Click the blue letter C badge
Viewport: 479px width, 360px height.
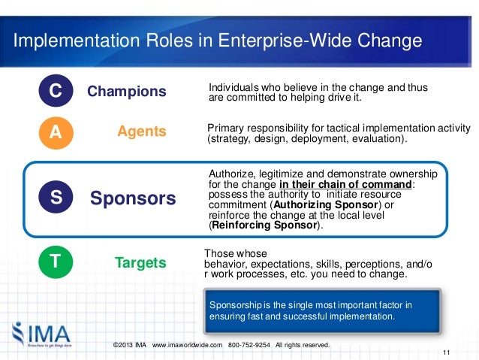(x=56, y=92)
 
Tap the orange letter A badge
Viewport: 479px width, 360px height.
(x=56, y=132)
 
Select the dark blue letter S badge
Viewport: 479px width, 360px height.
(x=56, y=198)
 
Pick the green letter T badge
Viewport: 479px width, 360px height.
(x=56, y=263)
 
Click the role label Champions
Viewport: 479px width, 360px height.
(x=127, y=92)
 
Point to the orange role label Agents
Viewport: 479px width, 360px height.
(x=142, y=132)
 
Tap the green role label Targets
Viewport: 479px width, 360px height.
(x=140, y=263)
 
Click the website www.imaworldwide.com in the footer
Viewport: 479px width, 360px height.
(x=188, y=345)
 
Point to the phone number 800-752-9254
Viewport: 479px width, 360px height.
(x=251, y=345)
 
